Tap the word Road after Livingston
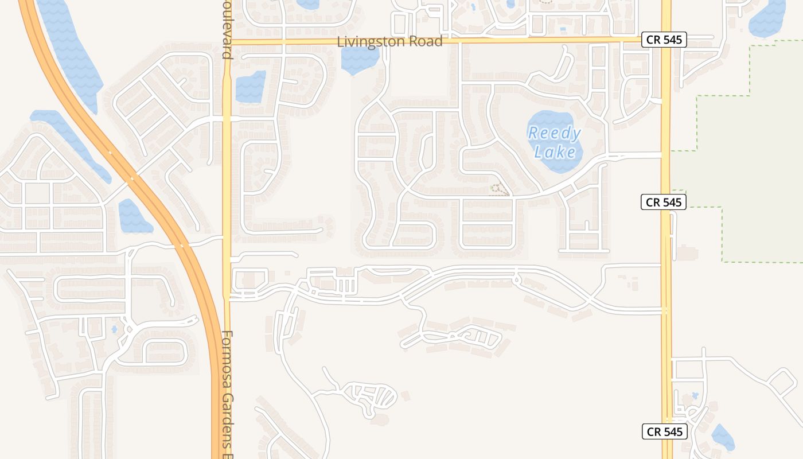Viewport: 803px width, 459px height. click(x=425, y=42)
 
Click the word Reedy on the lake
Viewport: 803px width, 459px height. click(x=554, y=134)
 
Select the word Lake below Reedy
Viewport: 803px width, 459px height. click(x=555, y=152)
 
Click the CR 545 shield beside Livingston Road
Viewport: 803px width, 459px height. click(x=664, y=40)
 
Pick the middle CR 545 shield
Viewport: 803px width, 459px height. click(x=664, y=202)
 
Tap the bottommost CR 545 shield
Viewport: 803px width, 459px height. click(x=664, y=432)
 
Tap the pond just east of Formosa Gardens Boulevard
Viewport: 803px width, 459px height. click(x=251, y=87)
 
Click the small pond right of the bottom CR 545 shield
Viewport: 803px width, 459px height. click(x=723, y=438)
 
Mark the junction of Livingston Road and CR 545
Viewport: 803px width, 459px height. click(x=666, y=40)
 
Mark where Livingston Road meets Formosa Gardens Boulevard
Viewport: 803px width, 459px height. click(x=227, y=42)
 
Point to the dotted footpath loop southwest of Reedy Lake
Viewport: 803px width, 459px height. click(x=499, y=190)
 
